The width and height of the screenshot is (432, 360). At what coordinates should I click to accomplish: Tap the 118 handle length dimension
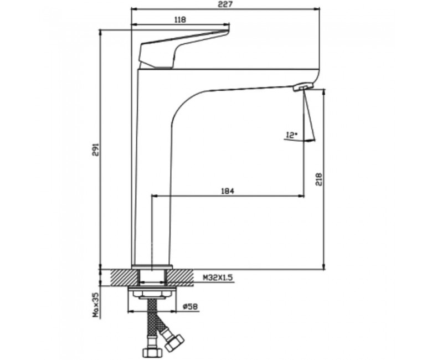coord(181,19)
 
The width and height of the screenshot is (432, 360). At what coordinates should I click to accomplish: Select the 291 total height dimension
coord(95,150)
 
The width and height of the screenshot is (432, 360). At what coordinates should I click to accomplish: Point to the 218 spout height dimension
coord(319,179)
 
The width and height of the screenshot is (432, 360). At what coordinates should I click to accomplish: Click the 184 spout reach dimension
coord(228,191)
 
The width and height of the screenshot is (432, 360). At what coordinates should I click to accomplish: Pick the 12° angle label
coord(292,135)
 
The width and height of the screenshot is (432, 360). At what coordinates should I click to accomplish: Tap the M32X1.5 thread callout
coord(218,278)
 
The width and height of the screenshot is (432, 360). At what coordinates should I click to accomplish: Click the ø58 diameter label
coord(191,307)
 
